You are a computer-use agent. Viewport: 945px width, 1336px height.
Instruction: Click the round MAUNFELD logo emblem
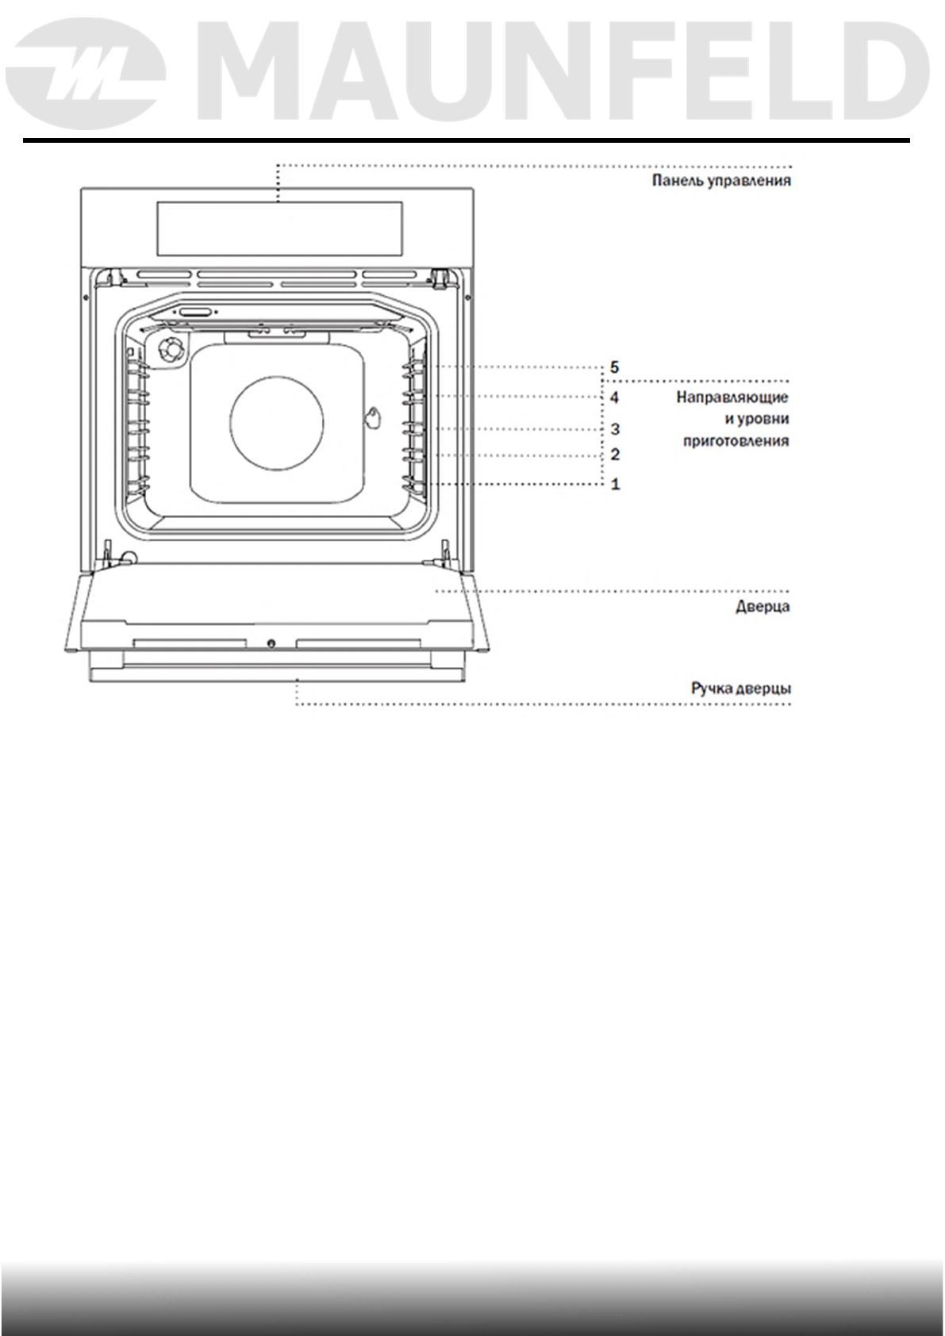(x=86, y=74)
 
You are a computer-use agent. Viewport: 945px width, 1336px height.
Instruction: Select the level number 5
(x=614, y=367)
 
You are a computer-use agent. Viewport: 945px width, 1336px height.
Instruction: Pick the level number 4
(x=614, y=397)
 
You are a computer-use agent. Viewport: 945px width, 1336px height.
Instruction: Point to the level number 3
(x=615, y=429)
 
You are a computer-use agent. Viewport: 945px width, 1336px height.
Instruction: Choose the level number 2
(x=615, y=455)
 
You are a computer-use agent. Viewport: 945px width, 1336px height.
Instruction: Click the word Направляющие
(x=732, y=397)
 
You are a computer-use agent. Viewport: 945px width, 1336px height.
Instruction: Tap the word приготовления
(x=736, y=442)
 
